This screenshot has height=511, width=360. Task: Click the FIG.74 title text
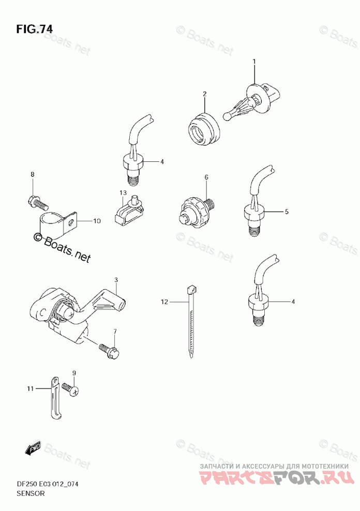click(34, 30)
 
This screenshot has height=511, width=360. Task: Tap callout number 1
click(254, 62)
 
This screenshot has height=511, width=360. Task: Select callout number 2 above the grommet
click(204, 94)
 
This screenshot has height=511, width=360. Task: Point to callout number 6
click(206, 177)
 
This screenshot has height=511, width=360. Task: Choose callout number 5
click(286, 211)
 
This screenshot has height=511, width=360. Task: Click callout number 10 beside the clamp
click(97, 221)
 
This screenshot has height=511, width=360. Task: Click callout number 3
click(116, 280)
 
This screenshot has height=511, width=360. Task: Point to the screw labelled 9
click(70, 389)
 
